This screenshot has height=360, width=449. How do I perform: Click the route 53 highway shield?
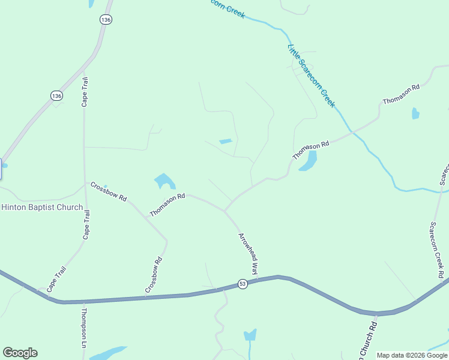tap(243, 284)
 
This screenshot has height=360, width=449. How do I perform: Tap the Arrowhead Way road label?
tap(248, 253)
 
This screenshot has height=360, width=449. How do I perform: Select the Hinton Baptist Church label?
tap(42, 207)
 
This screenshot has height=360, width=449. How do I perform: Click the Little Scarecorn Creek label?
tap(311, 75)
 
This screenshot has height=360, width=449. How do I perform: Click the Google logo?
tap(20, 353)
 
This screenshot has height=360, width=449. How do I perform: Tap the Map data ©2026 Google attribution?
tap(412, 355)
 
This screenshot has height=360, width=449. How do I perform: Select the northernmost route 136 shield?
tap(106, 20)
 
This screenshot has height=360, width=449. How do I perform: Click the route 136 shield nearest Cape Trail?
tap(56, 95)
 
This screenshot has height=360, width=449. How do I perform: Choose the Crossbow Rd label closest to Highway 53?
tap(154, 275)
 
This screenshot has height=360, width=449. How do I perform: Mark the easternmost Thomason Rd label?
tap(401, 95)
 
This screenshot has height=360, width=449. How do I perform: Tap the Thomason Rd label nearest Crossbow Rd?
tap(167, 205)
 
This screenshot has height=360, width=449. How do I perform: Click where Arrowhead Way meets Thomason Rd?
tap(224, 211)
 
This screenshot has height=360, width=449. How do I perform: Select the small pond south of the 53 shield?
tap(250, 334)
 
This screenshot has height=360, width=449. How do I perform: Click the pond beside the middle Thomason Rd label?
tap(308, 160)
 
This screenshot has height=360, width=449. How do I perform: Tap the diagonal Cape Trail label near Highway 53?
tap(56, 279)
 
